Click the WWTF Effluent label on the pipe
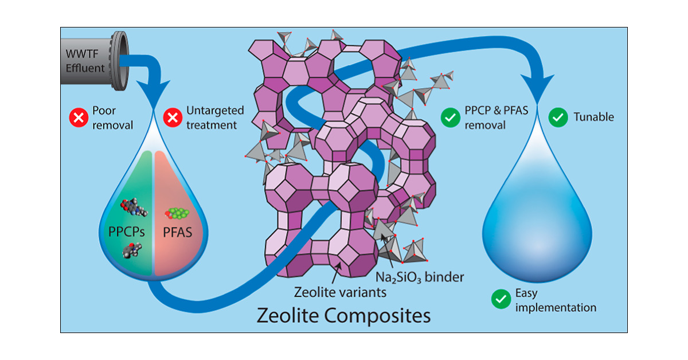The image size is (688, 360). pyautogui.click(x=85, y=61)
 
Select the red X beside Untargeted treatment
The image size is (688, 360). pyautogui.click(x=171, y=118)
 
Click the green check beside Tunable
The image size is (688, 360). pyautogui.click(x=557, y=118)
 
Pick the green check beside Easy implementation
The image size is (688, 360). pyautogui.click(x=501, y=299)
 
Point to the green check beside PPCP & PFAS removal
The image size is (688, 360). pyautogui.click(x=450, y=118)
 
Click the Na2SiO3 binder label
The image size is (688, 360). pyautogui.click(x=420, y=277)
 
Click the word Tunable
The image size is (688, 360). pyautogui.click(x=593, y=118)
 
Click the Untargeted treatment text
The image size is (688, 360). pyautogui.click(x=212, y=118)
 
